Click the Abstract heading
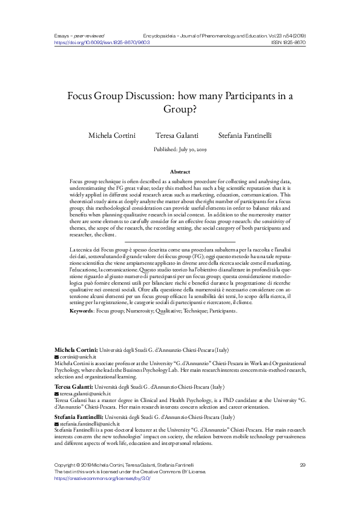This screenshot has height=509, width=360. pos(180,172)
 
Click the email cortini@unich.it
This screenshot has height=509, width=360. pos(74,358)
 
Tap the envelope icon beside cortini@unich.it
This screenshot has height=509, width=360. pos(57,358)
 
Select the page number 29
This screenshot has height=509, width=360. pos(303,464)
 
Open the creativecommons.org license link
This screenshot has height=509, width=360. pos(102,478)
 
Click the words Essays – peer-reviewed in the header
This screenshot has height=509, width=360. pos(78,36)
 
